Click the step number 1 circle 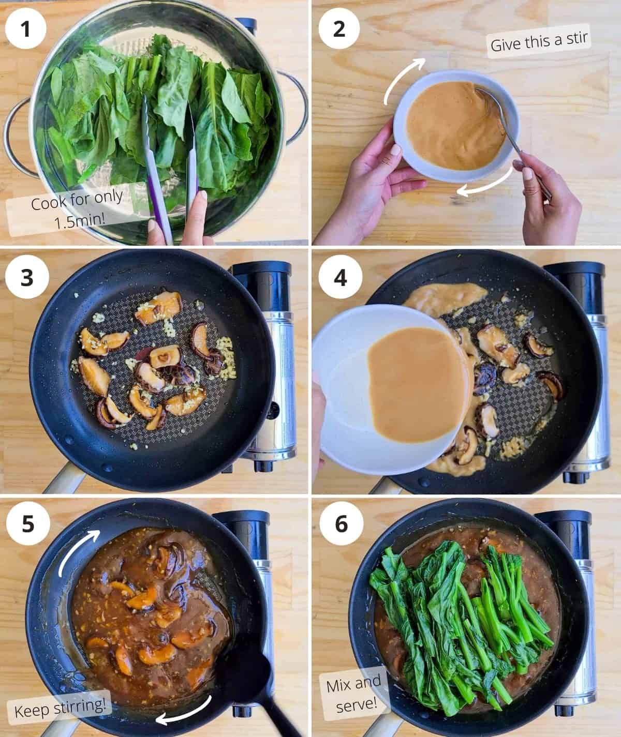tap(26, 28)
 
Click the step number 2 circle tap(339, 28)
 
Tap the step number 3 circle tap(26, 278)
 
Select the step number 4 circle tap(339, 278)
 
